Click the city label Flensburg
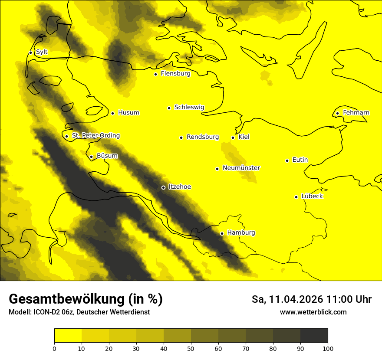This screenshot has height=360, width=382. coord(175,74)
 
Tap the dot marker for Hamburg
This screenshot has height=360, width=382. coord(222,233)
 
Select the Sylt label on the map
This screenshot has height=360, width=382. coord(42,52)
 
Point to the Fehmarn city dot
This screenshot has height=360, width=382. coord(337,114)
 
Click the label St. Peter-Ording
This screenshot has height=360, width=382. coord(95,136)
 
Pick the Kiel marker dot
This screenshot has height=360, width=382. coord(233,137)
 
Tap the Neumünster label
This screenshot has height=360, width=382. coord(241,168)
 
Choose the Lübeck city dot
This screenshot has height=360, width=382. coord(296,197)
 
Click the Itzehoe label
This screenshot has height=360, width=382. coord(180,187)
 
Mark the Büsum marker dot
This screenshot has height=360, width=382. coord(91,157)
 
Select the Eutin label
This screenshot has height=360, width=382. coord(300,160)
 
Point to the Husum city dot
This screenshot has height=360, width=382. coord(112,113)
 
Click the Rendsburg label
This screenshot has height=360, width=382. coord(203,137)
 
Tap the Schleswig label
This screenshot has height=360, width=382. coord(189,107)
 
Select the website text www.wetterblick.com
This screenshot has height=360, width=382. coord(313,312)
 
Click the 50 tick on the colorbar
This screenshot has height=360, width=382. coord(191,348)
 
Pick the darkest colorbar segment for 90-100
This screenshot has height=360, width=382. coord(314,336)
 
